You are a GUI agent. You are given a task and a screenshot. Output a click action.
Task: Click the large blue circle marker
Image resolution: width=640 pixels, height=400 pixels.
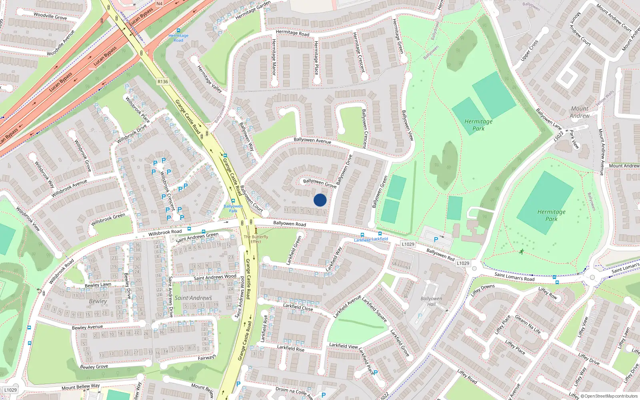[x=320, y=200]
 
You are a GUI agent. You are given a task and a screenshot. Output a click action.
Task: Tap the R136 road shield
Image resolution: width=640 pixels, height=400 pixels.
[x=163, y=82]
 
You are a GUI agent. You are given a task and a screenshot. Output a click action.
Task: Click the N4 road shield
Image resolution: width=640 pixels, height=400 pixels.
[x=160, y=4]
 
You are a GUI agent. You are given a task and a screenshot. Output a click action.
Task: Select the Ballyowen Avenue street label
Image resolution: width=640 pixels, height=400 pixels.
[x=312, y=140]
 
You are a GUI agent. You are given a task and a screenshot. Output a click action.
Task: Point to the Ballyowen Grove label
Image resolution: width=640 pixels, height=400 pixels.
[x=320, y=183]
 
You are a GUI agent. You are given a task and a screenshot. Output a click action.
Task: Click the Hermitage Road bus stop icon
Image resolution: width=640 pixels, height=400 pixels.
[x=178, y=31]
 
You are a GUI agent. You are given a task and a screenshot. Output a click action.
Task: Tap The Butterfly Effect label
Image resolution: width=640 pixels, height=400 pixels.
[x=256, y=239]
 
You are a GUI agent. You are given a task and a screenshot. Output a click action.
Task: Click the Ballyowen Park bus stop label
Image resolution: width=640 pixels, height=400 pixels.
[x=233, y=208]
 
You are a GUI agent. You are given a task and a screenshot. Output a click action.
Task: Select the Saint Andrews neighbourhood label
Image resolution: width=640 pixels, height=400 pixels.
[x=193, y=298]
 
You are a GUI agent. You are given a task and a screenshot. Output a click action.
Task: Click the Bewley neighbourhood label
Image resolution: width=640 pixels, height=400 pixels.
[x=98, y=301]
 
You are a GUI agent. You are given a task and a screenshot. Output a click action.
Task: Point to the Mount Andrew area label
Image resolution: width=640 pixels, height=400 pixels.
[x=580, y=112]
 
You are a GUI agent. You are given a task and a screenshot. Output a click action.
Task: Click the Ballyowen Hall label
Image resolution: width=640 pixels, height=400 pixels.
[x=431, y=301]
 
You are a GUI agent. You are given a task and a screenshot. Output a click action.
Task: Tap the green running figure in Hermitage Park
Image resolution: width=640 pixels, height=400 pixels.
[x=521, y=252]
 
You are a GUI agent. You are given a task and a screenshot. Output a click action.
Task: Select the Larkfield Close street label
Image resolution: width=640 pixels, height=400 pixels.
[x=298, y=307]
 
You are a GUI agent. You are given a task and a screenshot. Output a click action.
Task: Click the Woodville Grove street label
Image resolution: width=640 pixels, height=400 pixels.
[x=50, y=16]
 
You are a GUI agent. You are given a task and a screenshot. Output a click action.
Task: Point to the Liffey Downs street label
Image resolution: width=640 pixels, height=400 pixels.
[x=482, y=290]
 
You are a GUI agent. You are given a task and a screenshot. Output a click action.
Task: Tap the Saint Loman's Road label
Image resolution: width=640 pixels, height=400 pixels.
[x=514, y=276]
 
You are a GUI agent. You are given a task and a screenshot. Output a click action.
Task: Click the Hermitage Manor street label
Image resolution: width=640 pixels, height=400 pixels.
[x=274, y=57]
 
